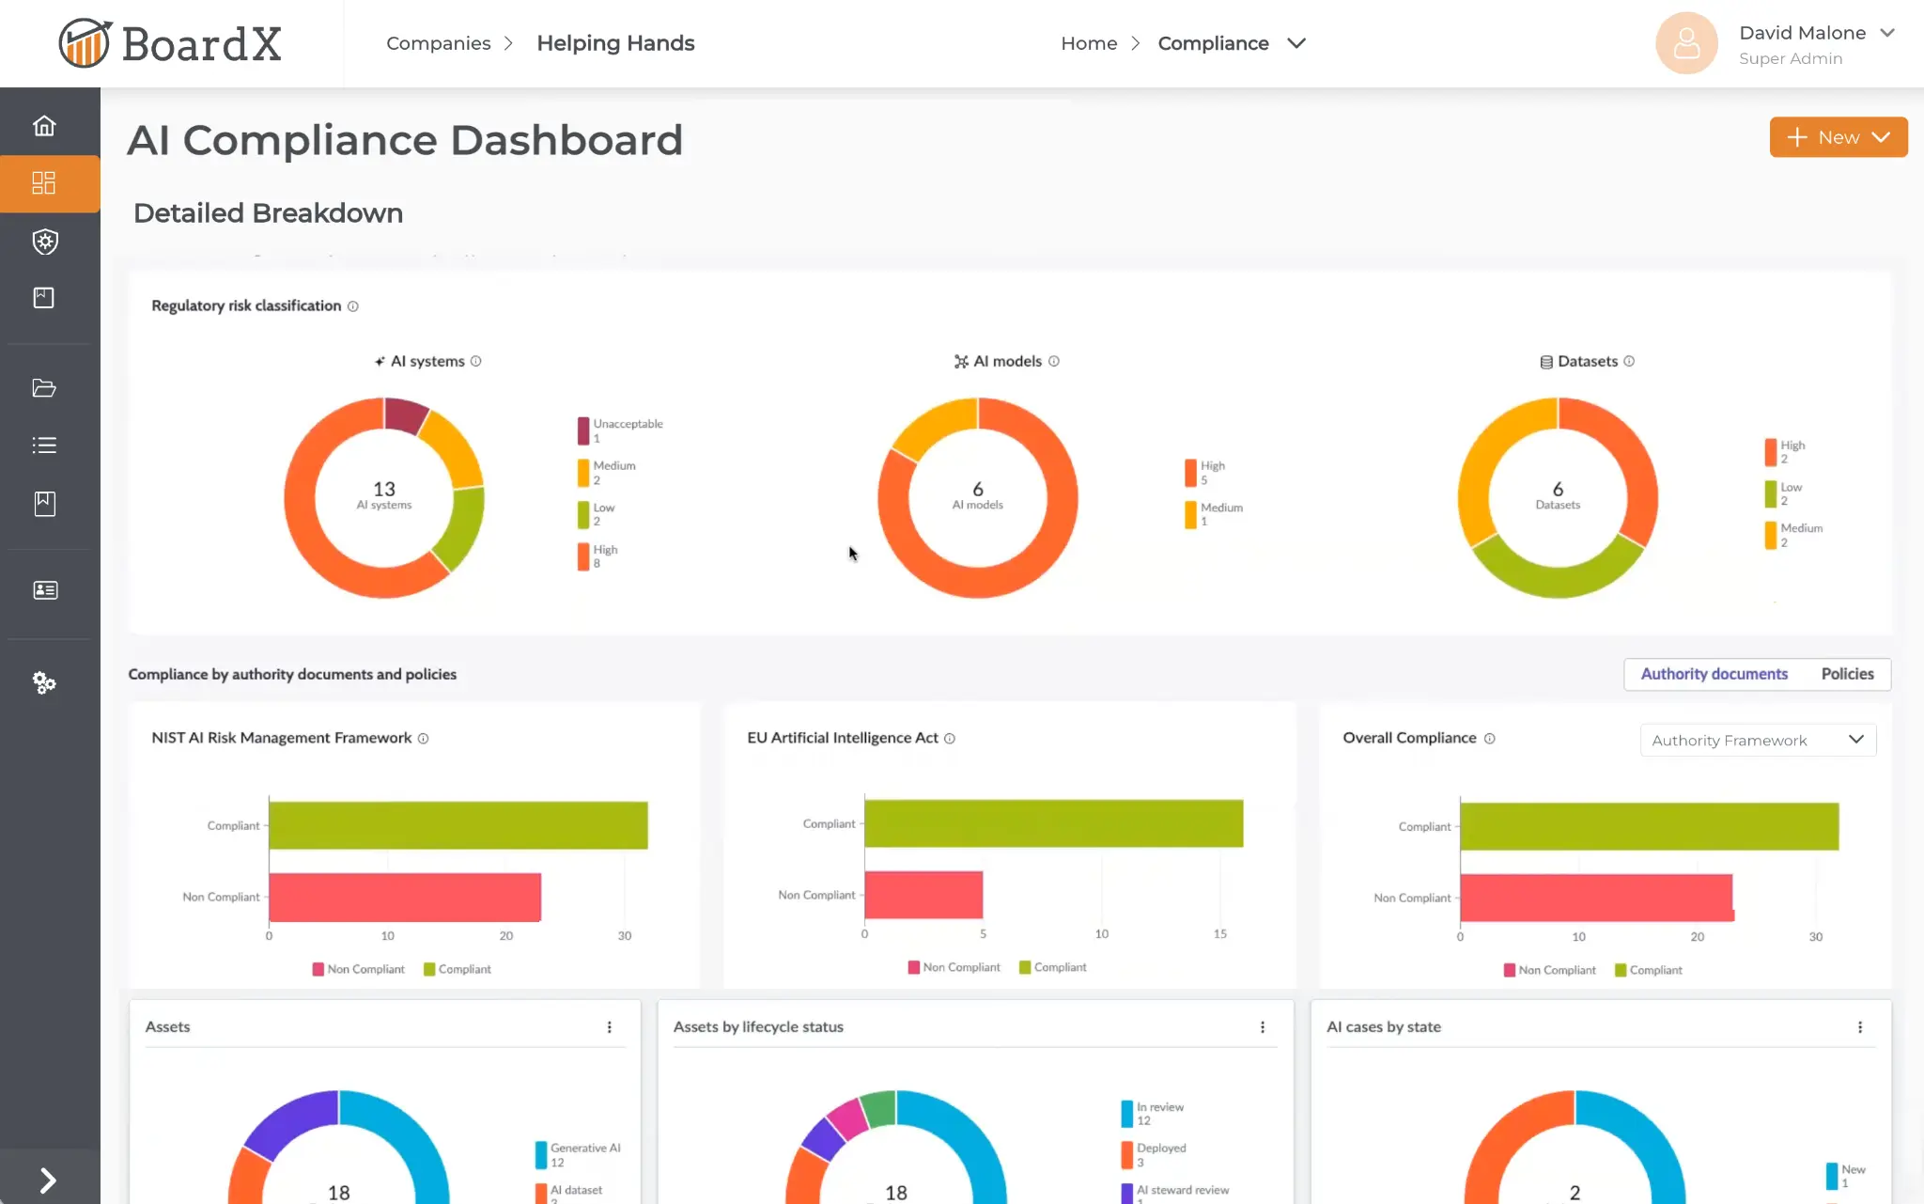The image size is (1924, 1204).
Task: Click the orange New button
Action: click(x=1838, y=137)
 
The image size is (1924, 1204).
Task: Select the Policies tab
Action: click(x=1846, y=674)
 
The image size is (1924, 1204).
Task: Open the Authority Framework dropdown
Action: click(x=1757, y=741)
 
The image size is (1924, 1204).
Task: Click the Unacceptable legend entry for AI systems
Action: click(x=620, y=430)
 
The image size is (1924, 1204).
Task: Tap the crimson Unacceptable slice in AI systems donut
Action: click(x=406, y=414)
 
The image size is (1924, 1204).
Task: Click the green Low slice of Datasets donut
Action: click(x=1557, y=573)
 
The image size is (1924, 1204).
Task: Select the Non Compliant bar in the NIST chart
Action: click(x=404, y=897)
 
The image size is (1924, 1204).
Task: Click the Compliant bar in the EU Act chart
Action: click(x=1052, y=823)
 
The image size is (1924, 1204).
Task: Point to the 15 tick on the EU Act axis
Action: click(x=1219, y=933)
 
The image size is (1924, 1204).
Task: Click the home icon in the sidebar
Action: click(x=44, y=126)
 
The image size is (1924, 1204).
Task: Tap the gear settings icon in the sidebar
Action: click(x=44, y=682)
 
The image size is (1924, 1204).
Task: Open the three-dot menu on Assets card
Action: click(x=610, y=1027)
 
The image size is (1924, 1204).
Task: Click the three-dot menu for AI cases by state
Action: click(x=1860, y=1027)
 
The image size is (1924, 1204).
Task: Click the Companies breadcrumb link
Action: click(x=438, y=43)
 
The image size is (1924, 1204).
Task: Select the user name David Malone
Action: click(x=1802, y=33)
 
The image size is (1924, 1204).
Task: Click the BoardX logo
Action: click(x=170, y=43)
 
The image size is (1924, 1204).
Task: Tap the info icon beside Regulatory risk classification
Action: click(x=353, y=306)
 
